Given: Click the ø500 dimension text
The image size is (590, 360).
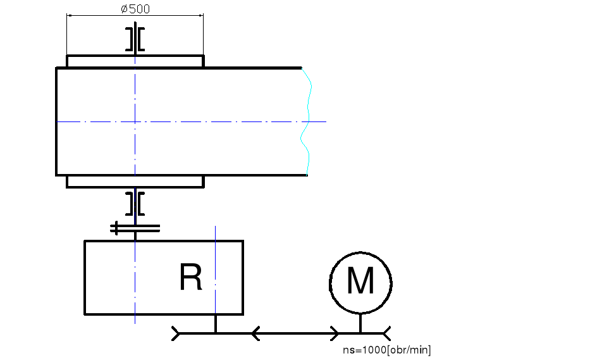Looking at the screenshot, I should pos(135,9).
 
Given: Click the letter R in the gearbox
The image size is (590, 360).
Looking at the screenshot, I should pos(191,277).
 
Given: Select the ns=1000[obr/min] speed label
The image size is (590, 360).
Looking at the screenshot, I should pos(386,350).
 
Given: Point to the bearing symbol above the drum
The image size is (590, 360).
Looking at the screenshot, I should pos(135,39).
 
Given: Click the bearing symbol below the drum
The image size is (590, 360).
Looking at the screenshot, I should pos(135,203).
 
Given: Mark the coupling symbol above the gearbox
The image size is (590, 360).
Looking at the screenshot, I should pos(135,227).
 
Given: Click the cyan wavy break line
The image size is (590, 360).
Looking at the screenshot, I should pos(307,120).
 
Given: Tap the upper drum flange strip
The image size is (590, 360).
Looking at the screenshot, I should pos(135,61).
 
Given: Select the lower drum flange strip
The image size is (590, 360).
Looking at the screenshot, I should pos(135,182).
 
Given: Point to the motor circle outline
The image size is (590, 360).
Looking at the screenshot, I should pos(331,282).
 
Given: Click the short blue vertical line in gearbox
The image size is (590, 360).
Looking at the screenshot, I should pos(216,266).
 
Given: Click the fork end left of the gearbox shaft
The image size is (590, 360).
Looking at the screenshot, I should pos(176,332).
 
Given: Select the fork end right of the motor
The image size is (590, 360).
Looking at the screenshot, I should pos(386,332).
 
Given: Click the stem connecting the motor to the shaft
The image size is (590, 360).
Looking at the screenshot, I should pos(360,323).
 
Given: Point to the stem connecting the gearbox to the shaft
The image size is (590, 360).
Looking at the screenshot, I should pos(216,323).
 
